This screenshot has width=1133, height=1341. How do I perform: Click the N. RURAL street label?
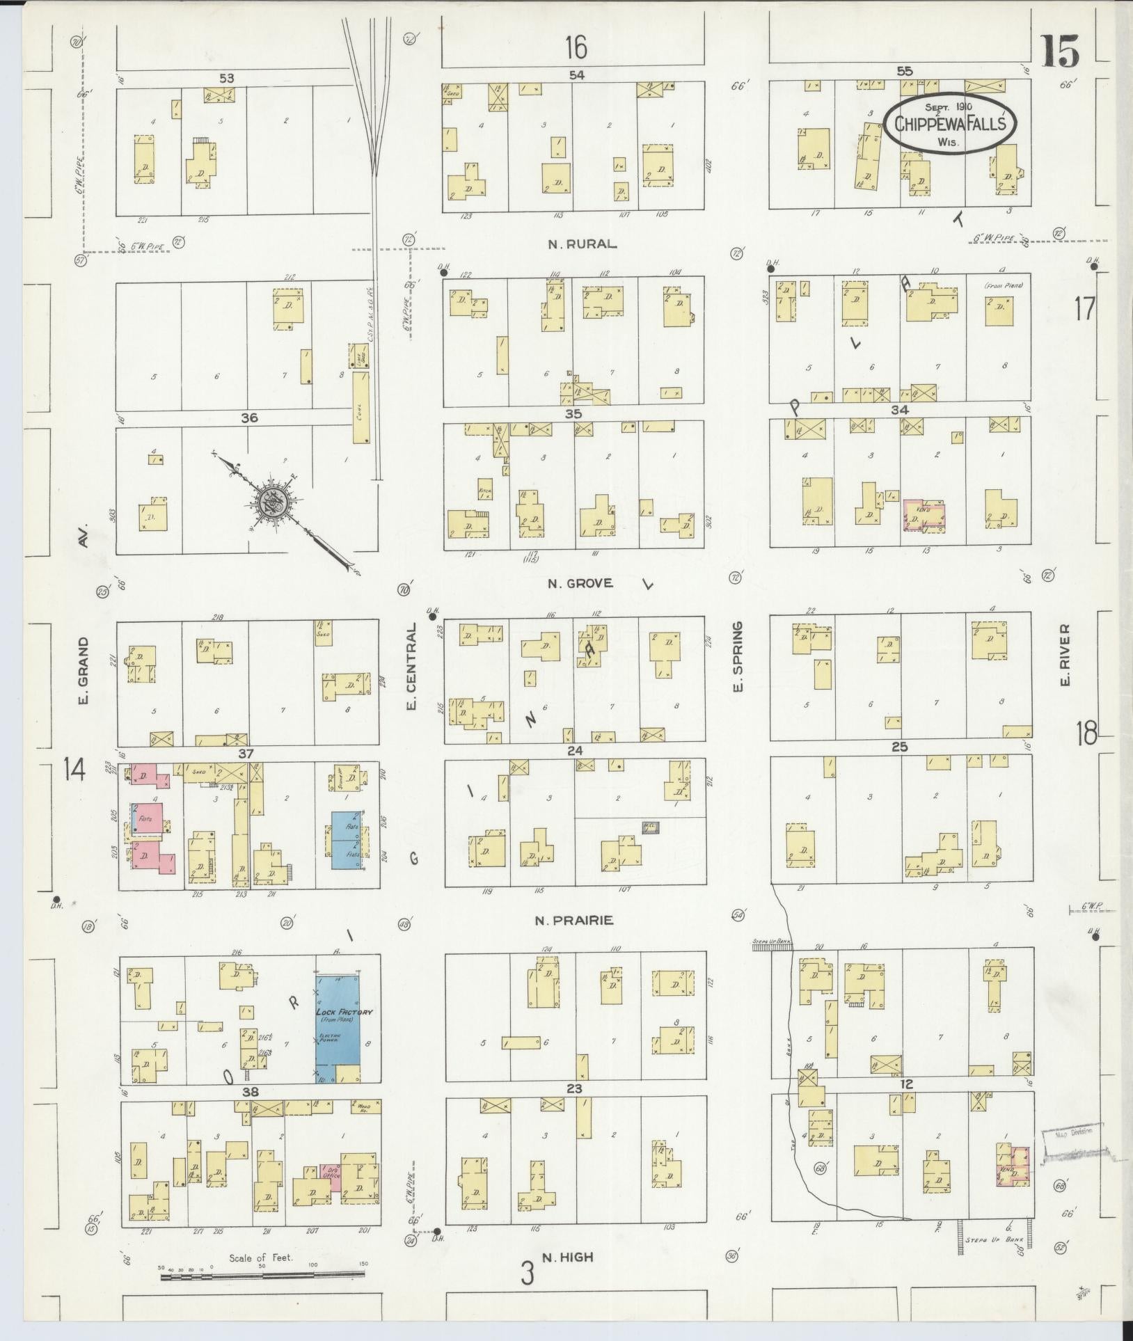point(582,244)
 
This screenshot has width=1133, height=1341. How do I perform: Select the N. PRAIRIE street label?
point(573,921)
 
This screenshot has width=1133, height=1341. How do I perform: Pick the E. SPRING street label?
point(739,657)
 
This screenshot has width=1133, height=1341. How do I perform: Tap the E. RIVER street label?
point(1065,654)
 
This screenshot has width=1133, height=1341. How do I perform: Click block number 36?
point(249,418)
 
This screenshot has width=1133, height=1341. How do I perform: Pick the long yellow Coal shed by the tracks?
point(361,407)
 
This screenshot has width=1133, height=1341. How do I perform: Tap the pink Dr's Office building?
point(331,1176)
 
